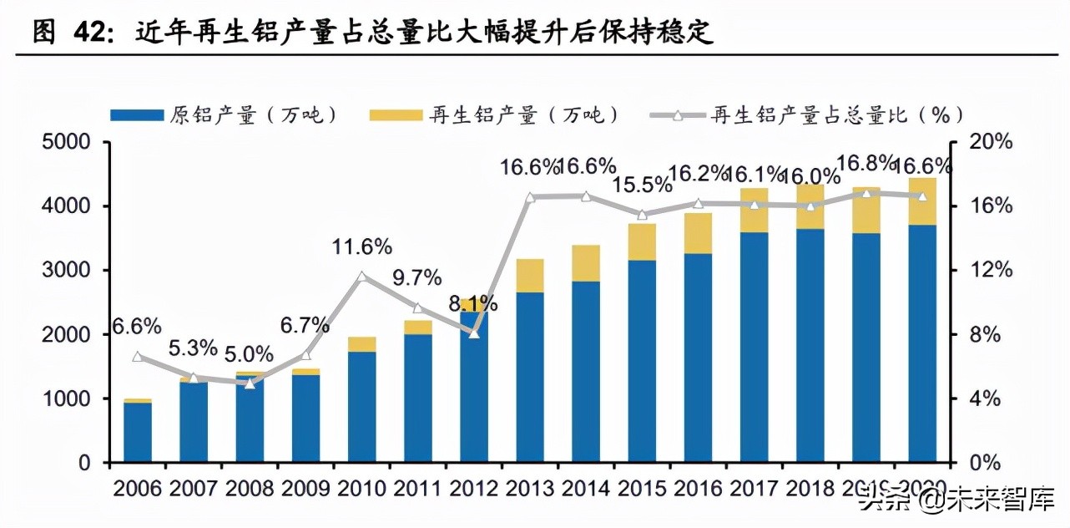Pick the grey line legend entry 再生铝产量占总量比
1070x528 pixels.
click(810, 115)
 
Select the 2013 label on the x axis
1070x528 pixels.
click(531, 487)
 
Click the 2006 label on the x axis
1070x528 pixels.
click(138, 487)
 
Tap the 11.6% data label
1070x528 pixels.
click(361, 246)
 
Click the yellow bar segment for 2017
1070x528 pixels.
click(755, 211)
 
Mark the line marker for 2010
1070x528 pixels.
click(361, 277)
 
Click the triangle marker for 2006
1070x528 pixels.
click(138, 357)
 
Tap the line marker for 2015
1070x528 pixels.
click(642, 215)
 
